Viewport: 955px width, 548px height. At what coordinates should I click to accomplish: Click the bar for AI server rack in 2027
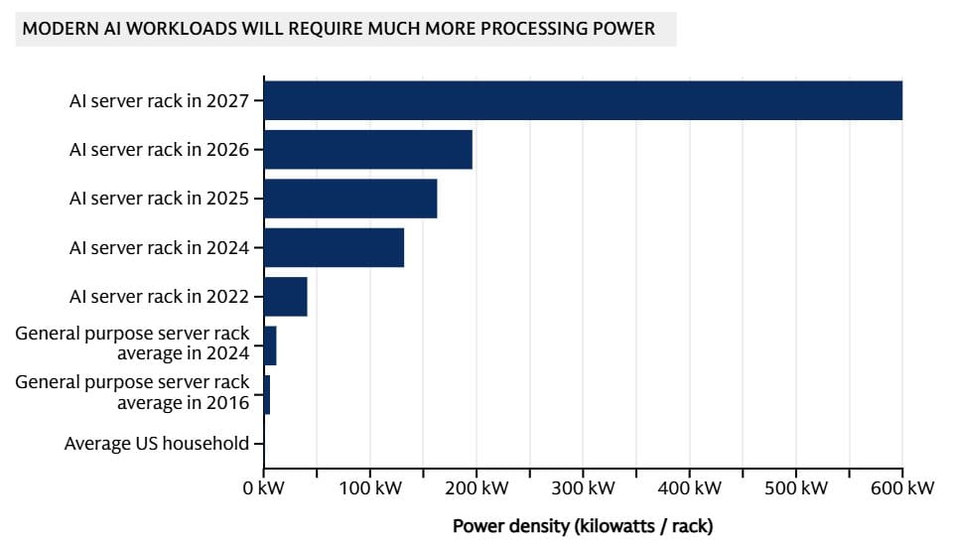583,100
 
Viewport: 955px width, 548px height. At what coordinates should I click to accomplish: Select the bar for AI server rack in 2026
368,149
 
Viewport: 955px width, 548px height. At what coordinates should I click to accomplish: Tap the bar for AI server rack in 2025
350,199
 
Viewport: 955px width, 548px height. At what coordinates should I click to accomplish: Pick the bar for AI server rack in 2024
334,247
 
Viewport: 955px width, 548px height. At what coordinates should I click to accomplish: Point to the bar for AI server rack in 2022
286,296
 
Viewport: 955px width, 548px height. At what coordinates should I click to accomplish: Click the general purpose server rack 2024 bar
270,345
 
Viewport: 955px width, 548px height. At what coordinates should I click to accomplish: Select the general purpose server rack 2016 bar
267,394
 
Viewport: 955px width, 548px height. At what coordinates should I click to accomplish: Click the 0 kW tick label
263,488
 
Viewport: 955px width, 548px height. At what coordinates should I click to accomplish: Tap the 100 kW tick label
369,488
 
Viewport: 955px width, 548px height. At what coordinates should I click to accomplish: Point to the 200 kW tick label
477,488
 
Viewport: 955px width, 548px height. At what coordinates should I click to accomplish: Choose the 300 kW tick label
583,488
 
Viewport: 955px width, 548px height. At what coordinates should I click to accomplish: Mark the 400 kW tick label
689,488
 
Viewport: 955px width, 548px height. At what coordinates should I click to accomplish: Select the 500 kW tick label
795,488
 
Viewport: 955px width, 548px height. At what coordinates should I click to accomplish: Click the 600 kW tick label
900,488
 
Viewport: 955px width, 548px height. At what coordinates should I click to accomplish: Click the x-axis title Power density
583,525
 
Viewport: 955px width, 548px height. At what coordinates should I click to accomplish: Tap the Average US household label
157,444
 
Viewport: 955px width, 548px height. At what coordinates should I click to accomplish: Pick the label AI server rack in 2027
159,100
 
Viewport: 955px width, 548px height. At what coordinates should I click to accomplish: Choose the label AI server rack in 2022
159,296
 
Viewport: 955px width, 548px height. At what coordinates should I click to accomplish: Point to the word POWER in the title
627,29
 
